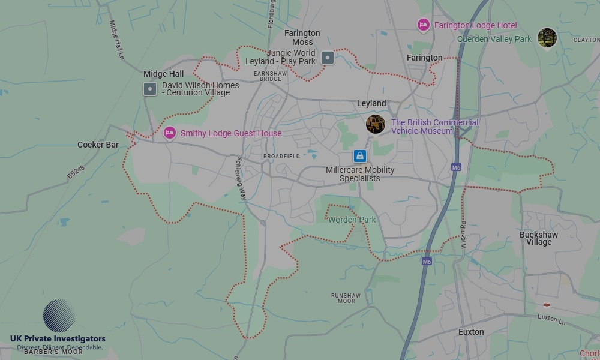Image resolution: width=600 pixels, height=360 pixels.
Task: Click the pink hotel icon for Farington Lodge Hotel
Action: click(x=423, y=25)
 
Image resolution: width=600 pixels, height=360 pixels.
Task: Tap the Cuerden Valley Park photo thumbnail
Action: click(x=547, y=38)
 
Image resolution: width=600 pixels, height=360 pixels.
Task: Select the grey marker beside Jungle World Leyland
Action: click(x=327, y=58)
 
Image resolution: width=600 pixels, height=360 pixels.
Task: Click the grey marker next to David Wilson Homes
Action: click(x=150, y=89)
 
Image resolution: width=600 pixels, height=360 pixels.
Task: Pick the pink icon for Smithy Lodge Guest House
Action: click(x=170, y=133)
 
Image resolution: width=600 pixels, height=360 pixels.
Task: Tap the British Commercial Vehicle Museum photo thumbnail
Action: click(x=376, y=124)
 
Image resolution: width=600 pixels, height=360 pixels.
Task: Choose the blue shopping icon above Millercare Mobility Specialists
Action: click(x=359, y=156)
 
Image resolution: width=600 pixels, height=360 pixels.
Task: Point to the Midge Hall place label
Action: click(x=163, y=74)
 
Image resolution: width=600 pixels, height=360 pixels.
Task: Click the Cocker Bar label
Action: click(x=98, y=145)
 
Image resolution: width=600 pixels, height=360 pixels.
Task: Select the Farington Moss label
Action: click(x=302, y=37)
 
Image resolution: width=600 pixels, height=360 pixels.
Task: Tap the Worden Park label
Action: click(x=352, y=220)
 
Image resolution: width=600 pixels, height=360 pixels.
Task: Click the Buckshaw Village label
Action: click(x=539, y=238)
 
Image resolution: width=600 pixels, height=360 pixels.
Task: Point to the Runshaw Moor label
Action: click(x=346, y=298)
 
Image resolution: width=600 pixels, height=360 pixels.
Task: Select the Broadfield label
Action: click(x=281, y=156)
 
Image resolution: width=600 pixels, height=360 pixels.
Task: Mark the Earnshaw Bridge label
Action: click(x=268, y=76)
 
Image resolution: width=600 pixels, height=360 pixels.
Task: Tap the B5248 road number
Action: click(x=76, y=172)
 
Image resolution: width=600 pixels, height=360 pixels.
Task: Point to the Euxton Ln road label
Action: click(x=551, y=317)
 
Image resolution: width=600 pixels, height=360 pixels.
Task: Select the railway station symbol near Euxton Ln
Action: click(x=547, y=305)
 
